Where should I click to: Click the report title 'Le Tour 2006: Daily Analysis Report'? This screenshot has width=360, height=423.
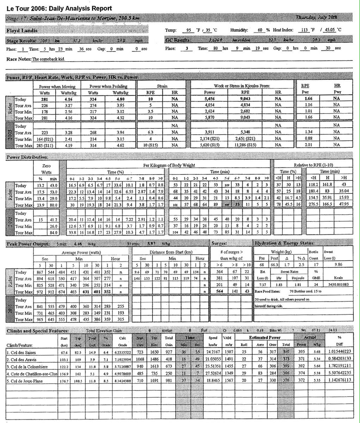pyautogui.click(x=59, y=8)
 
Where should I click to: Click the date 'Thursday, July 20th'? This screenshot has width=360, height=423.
pyautogui.click(x=316, y=17)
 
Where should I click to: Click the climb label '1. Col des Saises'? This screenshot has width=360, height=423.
pyautogui.click(x=21, y=352)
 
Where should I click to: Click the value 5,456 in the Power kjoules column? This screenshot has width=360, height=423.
pyautogui.click(x=209, y=100)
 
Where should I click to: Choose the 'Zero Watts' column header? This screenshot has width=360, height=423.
pyautogui.click(x=46, y=168)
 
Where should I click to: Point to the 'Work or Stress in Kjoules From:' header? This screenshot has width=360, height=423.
pyautogui.click(x=242, y=86)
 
